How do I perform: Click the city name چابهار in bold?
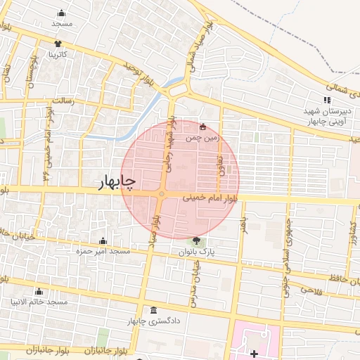pyautogui.click(x=115, y=183)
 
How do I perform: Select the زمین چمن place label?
pyautogui.click(x=202, y=139)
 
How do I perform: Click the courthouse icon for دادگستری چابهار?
pyautogui.click(x=154, y=311)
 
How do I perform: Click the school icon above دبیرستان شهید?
pyautogui.click(x=326, y=101)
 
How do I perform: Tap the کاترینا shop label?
pyautogui.click(x=57, y=54)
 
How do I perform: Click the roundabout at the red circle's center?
pyautogui.click(x=162, y=194)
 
